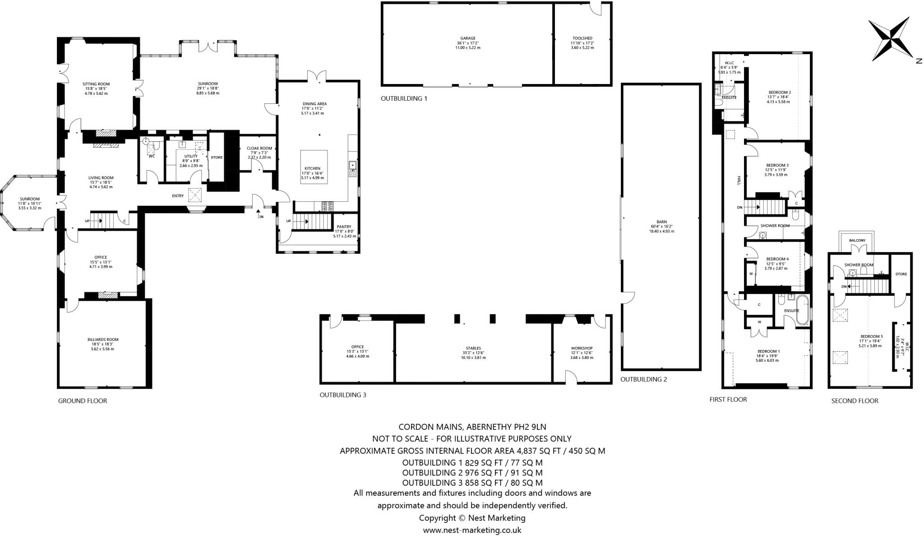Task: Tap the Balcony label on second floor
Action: [857, 240]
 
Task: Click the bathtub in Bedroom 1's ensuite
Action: [803, 310]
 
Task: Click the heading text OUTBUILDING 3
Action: [343, 395]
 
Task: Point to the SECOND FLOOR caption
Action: [855, 401]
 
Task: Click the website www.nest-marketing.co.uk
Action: [472, 530]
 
